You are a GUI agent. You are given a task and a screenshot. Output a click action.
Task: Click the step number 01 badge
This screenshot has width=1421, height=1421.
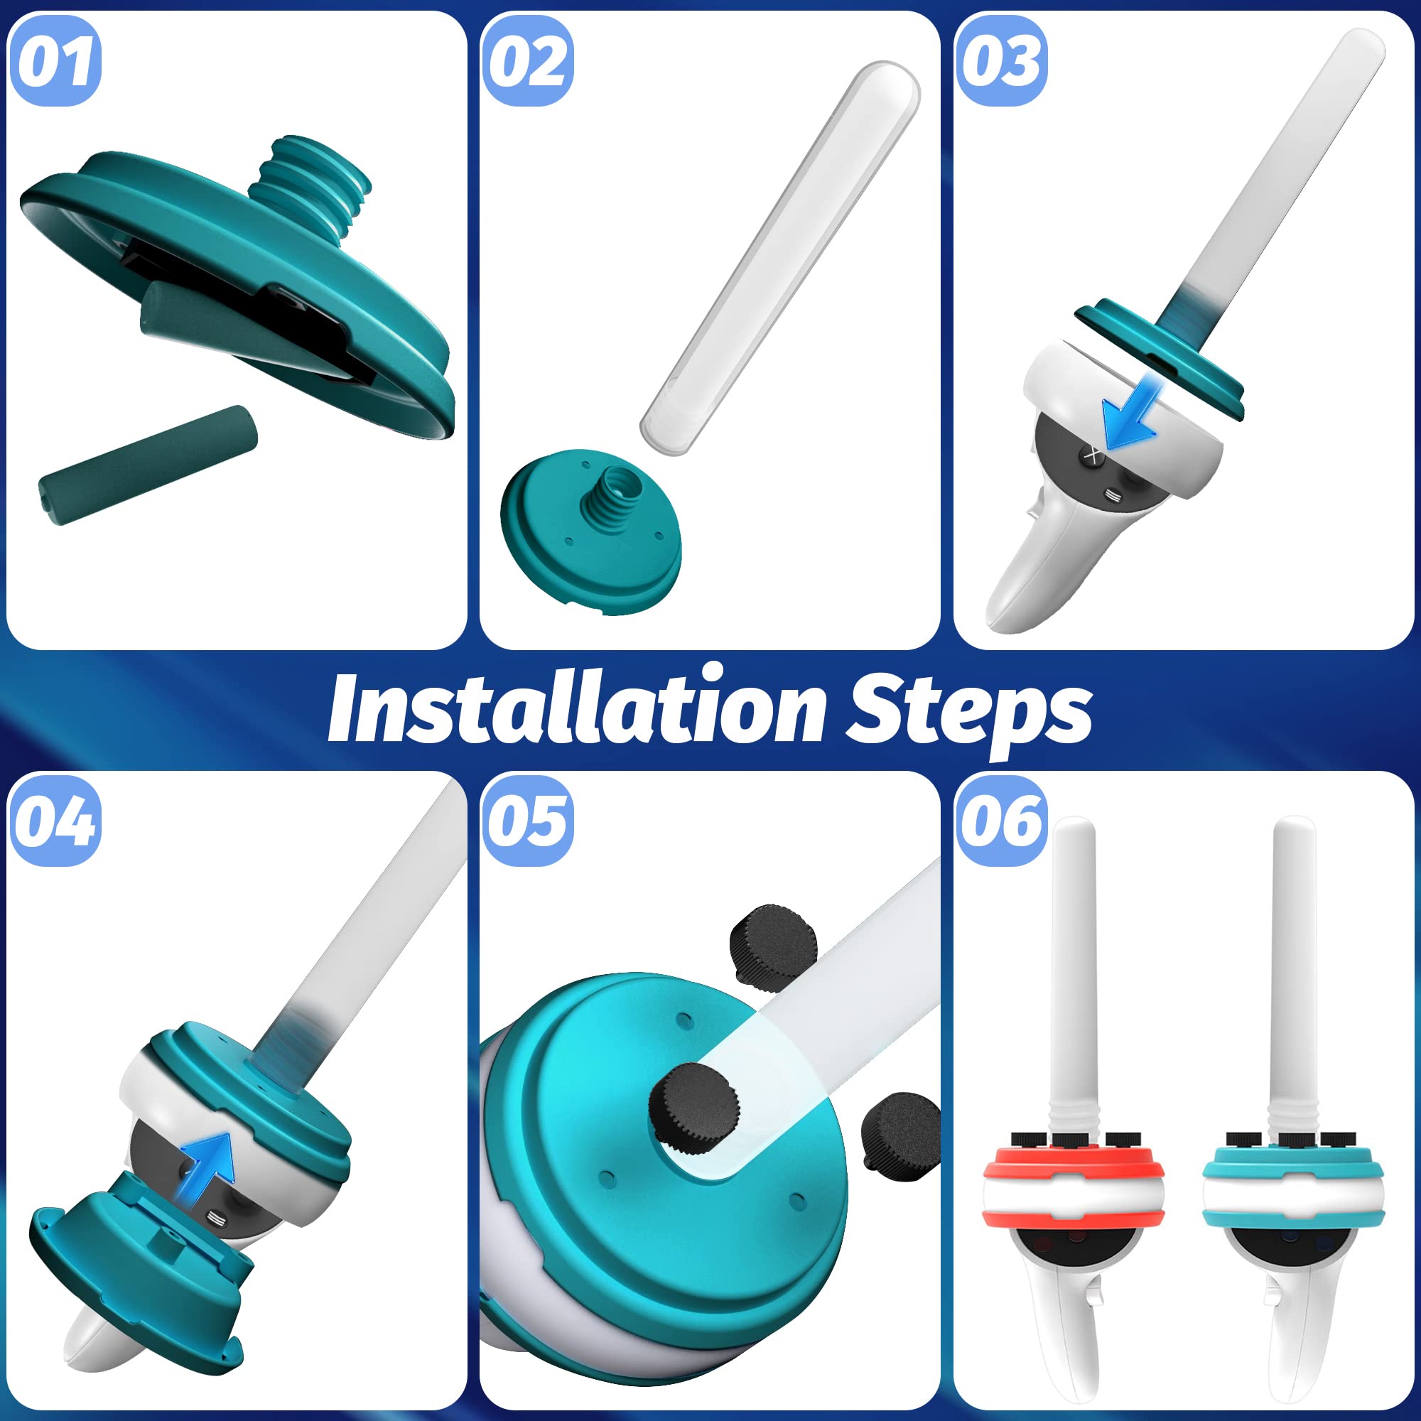(x=55, y=61)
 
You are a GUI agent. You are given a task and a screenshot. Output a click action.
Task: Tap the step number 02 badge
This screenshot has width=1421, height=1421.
(x=527, y=61)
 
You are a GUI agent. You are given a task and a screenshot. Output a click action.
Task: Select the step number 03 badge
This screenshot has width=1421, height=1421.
(x=1001, y=61)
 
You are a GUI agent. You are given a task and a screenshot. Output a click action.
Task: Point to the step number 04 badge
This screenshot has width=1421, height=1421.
(x=55, y=821)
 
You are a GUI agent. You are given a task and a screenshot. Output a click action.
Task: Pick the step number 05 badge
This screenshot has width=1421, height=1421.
(x=527, y=821)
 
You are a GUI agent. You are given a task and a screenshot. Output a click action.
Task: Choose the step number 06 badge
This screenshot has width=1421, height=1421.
(x=1001, y=821)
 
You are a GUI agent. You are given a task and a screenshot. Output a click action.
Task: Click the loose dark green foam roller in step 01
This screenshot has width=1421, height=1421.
(x=148, y=465)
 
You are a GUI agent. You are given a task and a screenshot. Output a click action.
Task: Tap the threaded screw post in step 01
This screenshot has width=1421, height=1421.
(x=310, y=180)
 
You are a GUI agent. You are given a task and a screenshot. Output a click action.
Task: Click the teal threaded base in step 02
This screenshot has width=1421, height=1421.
(x=591, y=529)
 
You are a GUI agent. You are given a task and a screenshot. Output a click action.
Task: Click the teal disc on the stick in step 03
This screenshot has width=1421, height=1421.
(x=1160, y=360)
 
